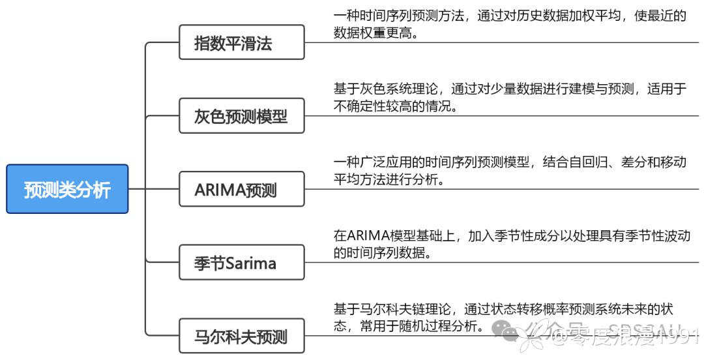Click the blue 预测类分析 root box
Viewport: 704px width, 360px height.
(x=67, y=189)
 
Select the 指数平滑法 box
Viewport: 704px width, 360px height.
(x=241, y=42)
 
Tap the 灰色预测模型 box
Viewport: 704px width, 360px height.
(x=241, y=115)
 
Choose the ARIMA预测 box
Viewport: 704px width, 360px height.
(x=241, y=189)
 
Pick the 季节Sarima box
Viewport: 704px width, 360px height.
(x=241, y=262)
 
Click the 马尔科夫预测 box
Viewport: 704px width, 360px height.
(x=241, y=336)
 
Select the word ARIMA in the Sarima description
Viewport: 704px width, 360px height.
(x=372, y=236)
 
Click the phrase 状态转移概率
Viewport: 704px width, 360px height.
(x=526, y=309)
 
